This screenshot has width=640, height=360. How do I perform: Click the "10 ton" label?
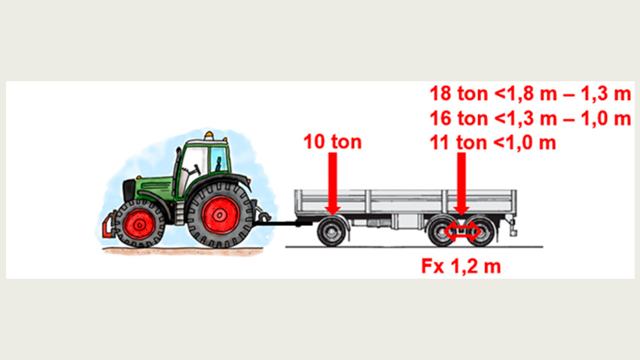(x=332, y=142)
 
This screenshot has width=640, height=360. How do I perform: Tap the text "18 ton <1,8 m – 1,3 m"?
(x=530, y=93)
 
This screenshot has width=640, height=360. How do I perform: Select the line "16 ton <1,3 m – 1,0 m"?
(x=530, y=118)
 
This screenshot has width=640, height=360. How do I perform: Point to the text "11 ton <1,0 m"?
(x=492, y=143)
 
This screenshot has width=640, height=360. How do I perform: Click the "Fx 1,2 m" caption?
(x=461, y=266)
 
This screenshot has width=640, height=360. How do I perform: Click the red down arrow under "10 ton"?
(x=333, y=183)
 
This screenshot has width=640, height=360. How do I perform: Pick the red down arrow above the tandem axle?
(x=462, y=183)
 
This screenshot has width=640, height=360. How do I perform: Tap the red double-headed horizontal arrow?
(x=462, y=231)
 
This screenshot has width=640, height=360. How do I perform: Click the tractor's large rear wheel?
(x=220, y=215)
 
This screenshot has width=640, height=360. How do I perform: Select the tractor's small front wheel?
(x=139, y=224)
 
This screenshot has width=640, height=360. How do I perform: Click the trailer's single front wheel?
(x=331, y=232)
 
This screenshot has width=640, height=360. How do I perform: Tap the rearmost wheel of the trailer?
(x=482, y=231)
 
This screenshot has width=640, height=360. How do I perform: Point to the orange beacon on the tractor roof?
(x=209, y=135)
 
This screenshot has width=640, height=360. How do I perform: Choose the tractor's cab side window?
(x=218, y=160)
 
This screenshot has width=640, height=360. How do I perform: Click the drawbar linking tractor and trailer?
(x=285, y=223)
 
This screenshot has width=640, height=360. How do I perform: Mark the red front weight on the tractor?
(x=108, y=226)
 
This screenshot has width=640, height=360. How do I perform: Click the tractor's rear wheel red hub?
(x=221, y=215)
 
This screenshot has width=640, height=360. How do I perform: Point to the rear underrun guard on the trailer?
(x=512, y=227)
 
